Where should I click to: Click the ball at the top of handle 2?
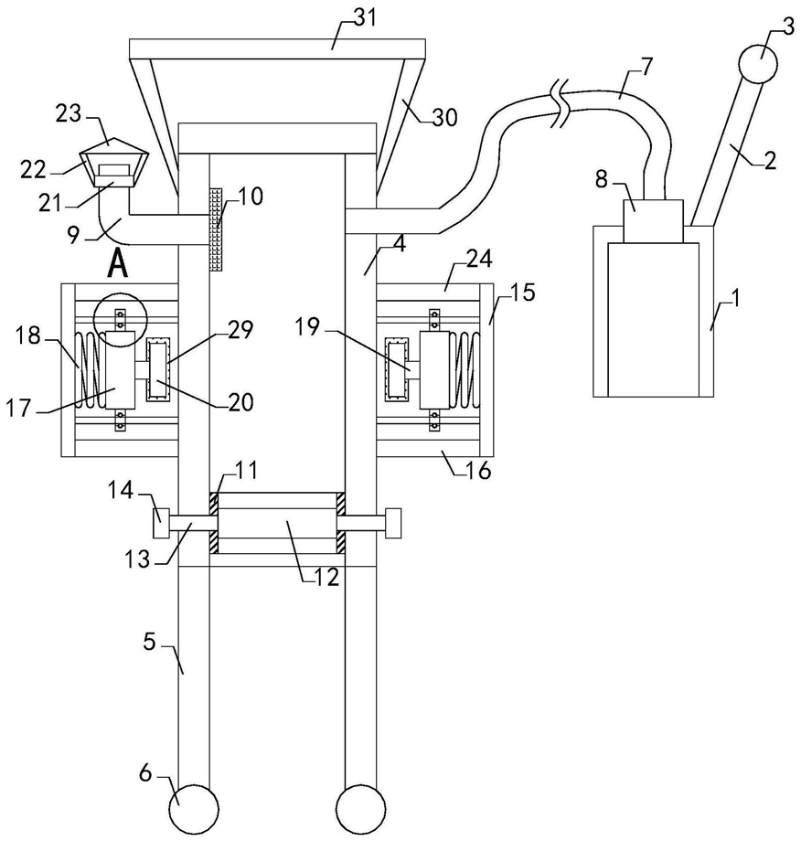(x=757, y=64)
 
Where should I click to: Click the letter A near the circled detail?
(x=118, y=265)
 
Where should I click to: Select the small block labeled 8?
(x=653, y=221)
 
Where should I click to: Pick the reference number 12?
(x=326, y=577)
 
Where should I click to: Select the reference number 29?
(x=240, y=330)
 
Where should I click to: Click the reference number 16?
(x=479, y=471)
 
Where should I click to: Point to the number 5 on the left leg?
(x=150, y=642)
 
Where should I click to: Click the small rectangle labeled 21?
(x=114, y=176)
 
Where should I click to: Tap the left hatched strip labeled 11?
(x=214, y=523)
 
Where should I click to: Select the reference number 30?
(x=444, y=117)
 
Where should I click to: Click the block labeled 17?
(x=120, y=370)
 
